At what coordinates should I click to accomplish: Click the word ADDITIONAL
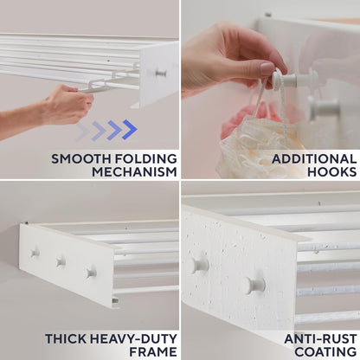pyautogui.click(x=314, y=157)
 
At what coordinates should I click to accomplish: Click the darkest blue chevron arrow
pyautogui.click(x=129, y=130)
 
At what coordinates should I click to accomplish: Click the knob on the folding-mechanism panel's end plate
pyautogui.click(x=161, y=74)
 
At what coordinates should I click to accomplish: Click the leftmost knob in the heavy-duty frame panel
pyautogui.click(x=35, y=254)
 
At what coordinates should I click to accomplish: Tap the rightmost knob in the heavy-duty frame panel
pyautogui.click(x=91, y=273)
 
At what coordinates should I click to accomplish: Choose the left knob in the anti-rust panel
pyautogui.click(x=201, y=264)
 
